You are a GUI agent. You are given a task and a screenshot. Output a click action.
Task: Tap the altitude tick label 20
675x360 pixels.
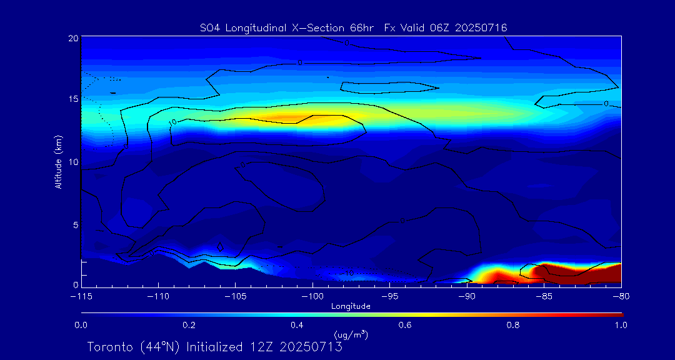[x=72, y=38]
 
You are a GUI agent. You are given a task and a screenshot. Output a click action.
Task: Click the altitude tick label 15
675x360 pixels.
[x=72, y=99]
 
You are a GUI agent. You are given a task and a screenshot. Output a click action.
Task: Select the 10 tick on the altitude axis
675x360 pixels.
[x=72, y=162]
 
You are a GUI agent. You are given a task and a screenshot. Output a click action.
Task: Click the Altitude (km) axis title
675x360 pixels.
[x=58, y=161]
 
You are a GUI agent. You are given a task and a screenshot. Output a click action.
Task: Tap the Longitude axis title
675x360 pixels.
[x=351, y=306]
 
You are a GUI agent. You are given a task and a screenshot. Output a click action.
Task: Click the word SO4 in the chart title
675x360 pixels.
[x=207, y=27]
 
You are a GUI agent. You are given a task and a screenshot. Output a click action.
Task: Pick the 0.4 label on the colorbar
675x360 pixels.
[x=297, y=325]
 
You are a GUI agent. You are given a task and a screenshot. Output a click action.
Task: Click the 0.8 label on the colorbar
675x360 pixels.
[x=513, y=325]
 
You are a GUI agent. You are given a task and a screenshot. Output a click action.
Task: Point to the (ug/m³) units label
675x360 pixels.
[x=351, y=336]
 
